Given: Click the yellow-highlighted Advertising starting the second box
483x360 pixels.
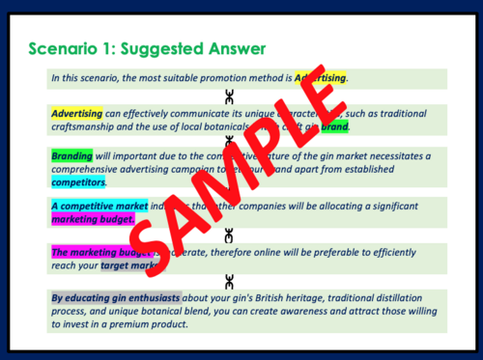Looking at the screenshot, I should (x=76, y=113).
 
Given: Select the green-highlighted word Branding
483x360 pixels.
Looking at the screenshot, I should (x=71, y=154).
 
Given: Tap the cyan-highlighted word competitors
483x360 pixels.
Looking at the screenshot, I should (x=78, y=180).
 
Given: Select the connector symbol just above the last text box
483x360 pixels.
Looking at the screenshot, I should (x=228, y=281).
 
